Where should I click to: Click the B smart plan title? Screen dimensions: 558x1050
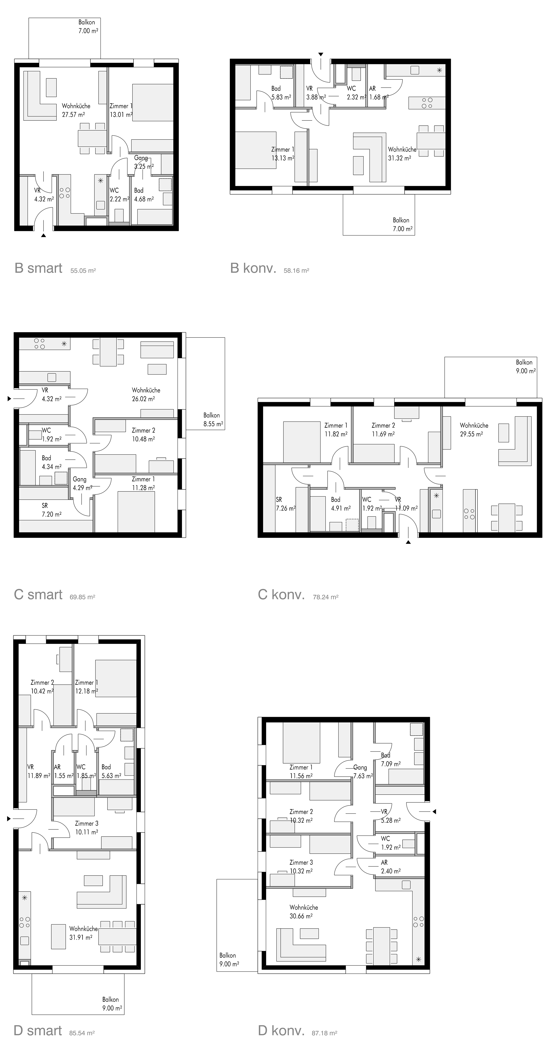point(38,268)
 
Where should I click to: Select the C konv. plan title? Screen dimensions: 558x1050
point(281,595)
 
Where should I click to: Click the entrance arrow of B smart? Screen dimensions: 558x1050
point(44,235)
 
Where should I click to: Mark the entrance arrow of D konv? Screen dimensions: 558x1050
point(434,812)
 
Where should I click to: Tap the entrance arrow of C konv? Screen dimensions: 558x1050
point(408,542)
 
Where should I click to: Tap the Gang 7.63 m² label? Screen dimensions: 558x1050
point(363,772)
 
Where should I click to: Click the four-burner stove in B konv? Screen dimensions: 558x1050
point(427,103)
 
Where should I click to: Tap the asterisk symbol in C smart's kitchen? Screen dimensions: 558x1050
point(64,344)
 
